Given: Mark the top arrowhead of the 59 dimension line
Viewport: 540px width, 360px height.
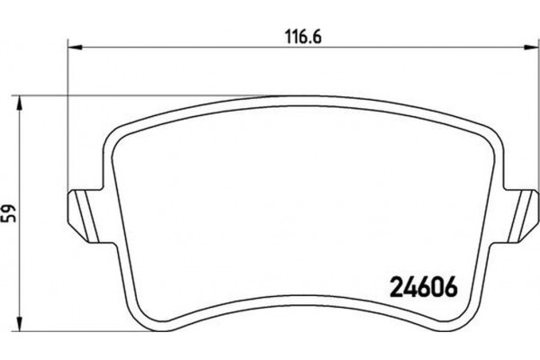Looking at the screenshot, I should click(24, 98).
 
